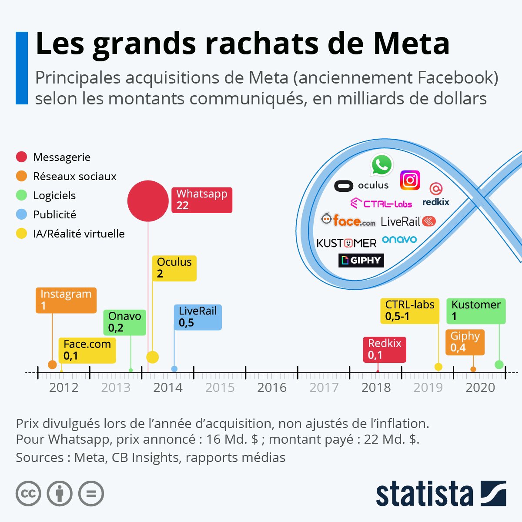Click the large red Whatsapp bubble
(x=148, y=201)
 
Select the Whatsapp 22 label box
(x=202, y=200)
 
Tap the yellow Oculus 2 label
(x=174, y=268)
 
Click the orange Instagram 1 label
(x=66, y=300)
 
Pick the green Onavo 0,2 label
(x=124, y=322)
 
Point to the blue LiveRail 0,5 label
(x=197, y=317)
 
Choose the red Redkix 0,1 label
(x=385, y=349)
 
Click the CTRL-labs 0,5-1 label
(x=410, y=311)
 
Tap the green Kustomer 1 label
(x=476, y=311)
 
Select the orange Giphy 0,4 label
(x=465, y=342)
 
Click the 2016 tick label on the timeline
(x=272, y=388)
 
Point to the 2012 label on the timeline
(x=64, y=388)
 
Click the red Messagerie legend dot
(x=21, y=157)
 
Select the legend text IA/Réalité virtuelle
(x=79, y=234)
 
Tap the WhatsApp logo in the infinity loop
(x=381, y=165)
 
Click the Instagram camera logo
(x=410, y=180)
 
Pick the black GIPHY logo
(x=361, y=260)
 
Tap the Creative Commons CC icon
(x=28, y=493)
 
